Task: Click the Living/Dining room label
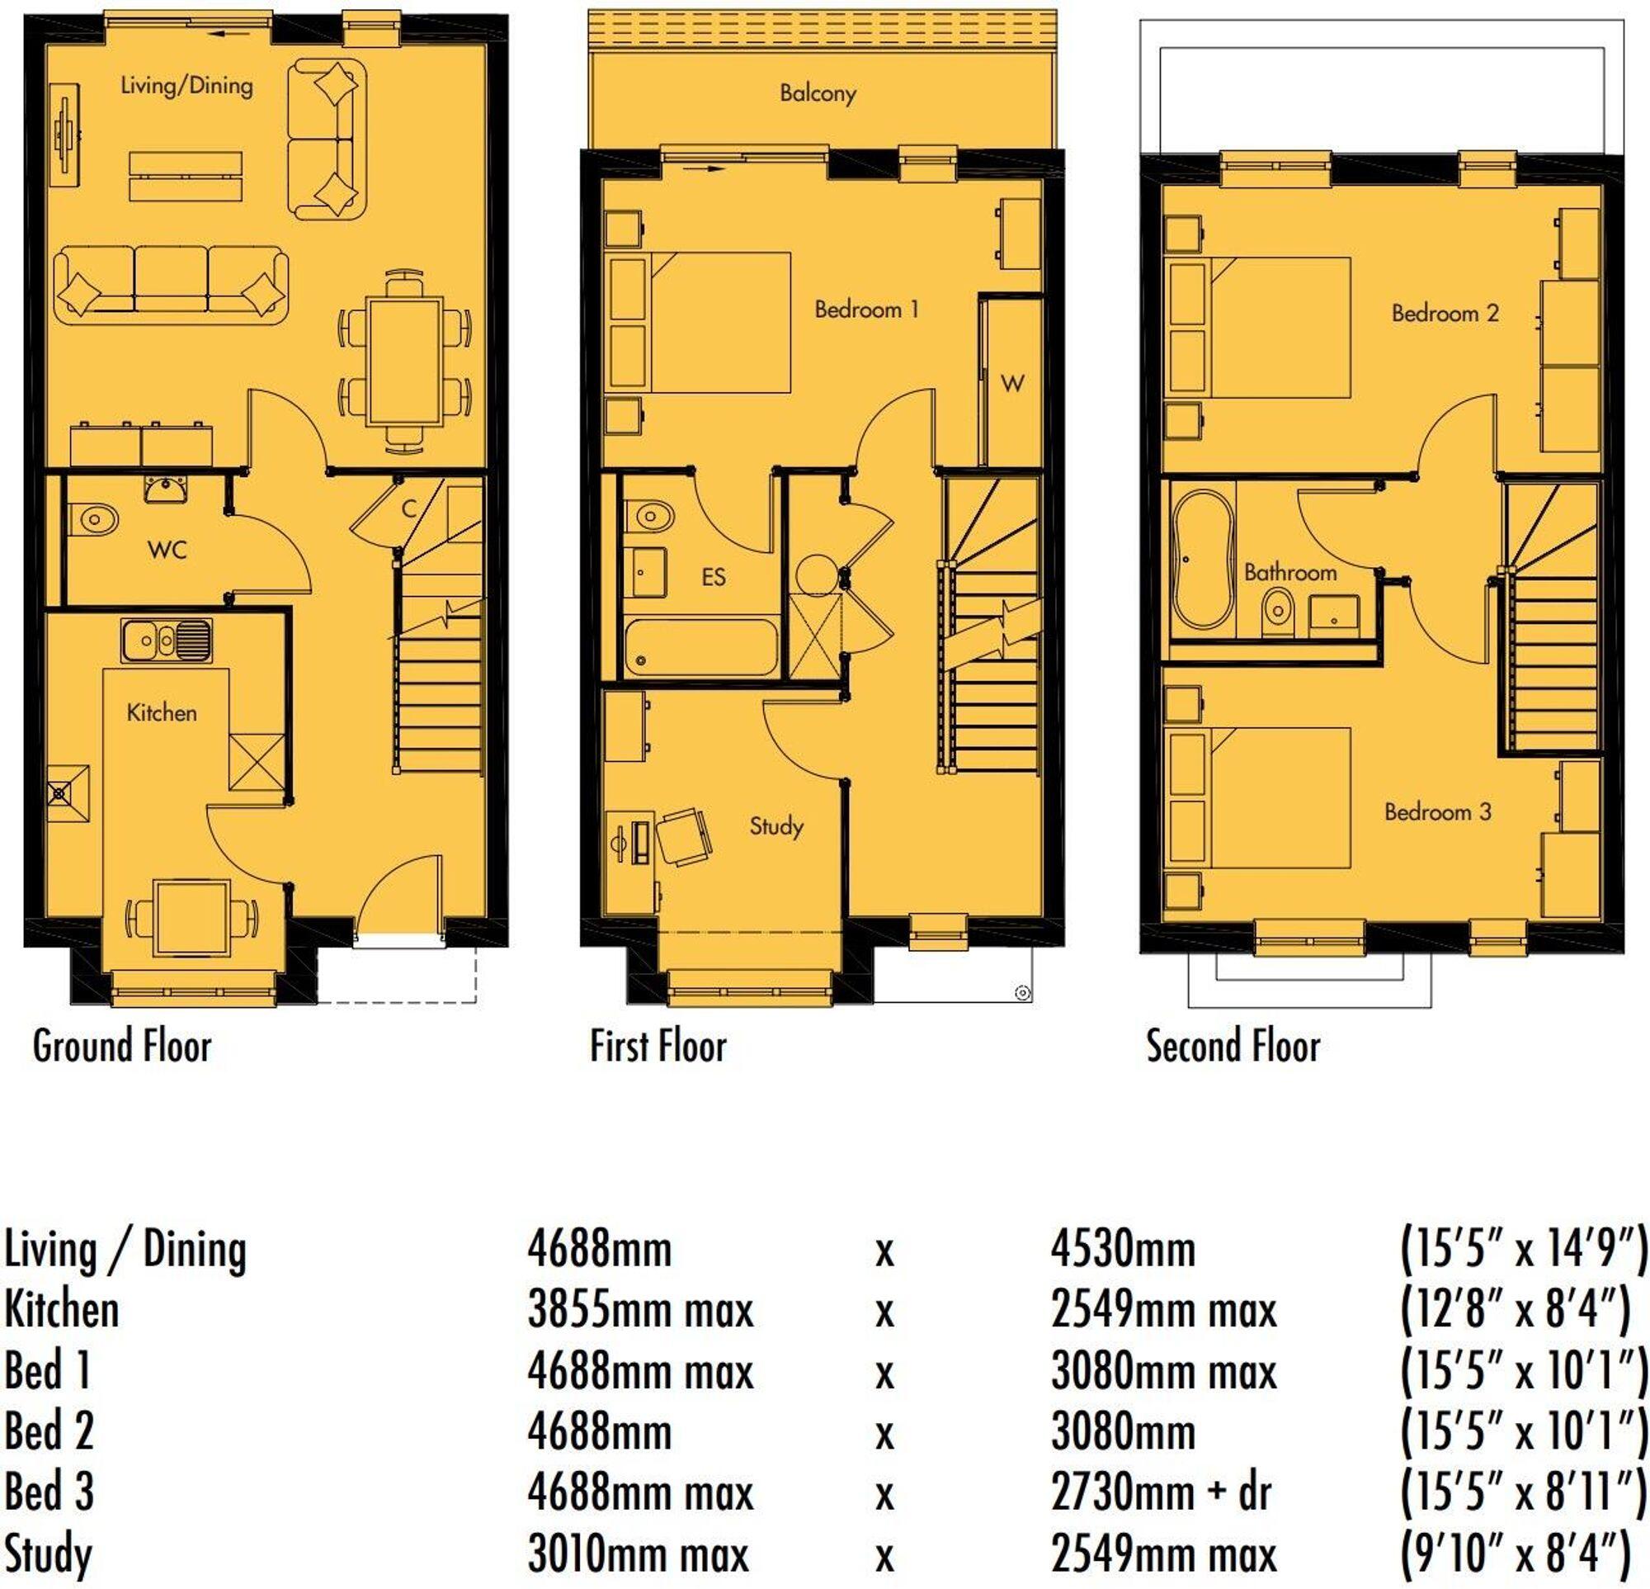point(186,85)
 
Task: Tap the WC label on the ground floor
point(167,550)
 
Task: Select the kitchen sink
point(167,641)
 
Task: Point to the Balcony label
point(818,92)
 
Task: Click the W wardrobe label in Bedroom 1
point(1012,384)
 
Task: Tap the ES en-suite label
point(713,577)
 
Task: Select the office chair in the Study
point(683,836)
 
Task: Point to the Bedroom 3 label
point(1437,811)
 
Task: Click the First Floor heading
point(658,1047)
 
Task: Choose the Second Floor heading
point(1233,1047)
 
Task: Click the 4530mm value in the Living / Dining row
point(1123,1249)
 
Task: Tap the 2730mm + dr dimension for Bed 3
point(1161,1493)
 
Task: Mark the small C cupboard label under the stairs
point(409,508)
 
